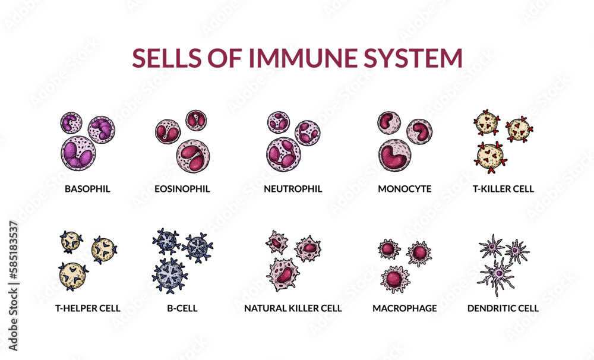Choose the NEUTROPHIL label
(293, 190)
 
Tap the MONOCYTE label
(405, 190)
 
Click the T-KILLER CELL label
(503, 190)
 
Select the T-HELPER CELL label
(89, 308)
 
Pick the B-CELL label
(182, 308)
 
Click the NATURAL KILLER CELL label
(293, 308)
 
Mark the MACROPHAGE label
(405, 308)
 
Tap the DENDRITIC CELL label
(503, 308)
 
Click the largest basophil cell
(78, 153)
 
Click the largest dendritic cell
(497, 274)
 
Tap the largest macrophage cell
(395, 279)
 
